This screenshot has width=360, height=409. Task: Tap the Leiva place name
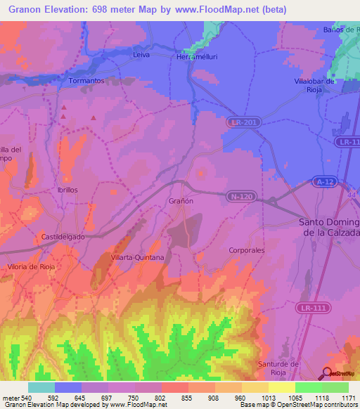coord(141,54)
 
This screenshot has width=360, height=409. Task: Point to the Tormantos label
coord(87,81)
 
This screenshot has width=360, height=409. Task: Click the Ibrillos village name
coord(67,190)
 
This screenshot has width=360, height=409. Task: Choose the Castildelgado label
coord(63,237)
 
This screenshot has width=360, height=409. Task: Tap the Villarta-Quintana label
coord(137,258)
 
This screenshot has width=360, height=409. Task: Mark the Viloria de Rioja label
coord(30,267)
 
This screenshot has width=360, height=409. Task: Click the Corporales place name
coord(247,249)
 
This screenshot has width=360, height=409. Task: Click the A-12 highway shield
coord(324,182)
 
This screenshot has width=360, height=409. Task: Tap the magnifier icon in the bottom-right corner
coord(326,373)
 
